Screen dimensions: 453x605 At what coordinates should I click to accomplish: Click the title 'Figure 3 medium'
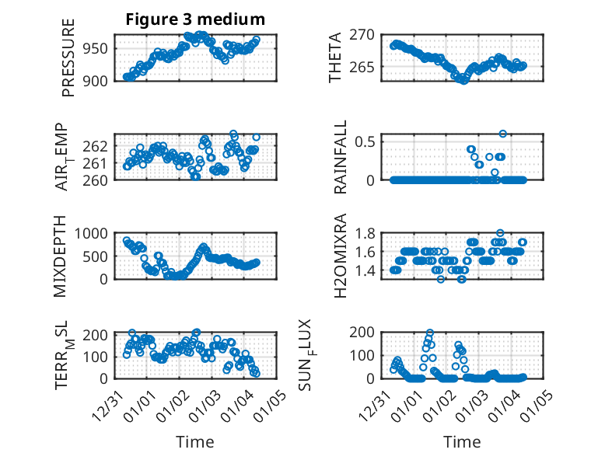pyautogui.click(x=195, y=19)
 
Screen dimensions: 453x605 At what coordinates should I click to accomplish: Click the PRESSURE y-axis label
pyautogui.click(x=68, y=63)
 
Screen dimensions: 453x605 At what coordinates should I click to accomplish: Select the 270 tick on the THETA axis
pyautogui.click(x=367, y=34)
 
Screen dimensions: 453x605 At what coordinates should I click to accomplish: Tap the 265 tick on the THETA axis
pyautogui.click(x=367, y=67)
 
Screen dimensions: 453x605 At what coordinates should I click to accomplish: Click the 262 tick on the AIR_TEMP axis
pyautogui.click(x=101, y=146)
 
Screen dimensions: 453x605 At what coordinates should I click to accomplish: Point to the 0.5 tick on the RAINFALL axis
pyautogui.click(x=367, y=141)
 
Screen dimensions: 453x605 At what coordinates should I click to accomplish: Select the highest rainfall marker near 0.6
pyautogui.click(x=503, y=134)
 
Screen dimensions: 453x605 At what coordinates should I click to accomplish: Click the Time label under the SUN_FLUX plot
pyautogui.click(x=462, y=441)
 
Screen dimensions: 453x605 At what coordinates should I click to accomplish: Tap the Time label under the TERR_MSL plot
pyautogui.click(x=195, y=441)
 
